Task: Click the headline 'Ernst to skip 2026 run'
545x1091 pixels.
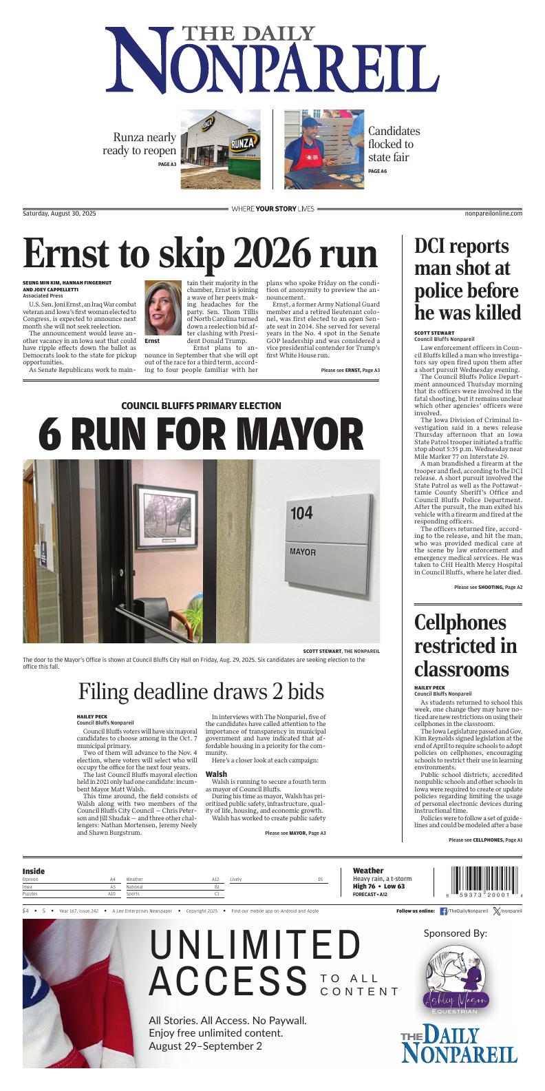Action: pos(200,255)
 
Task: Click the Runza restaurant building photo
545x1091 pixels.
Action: pos(220,149)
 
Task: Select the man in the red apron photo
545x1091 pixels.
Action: pos(324,149)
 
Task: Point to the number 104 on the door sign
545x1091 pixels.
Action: pos(301,513)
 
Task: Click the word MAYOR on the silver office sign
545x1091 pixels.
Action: pos(303,552)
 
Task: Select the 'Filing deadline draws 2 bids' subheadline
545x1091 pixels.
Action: pos(201,691)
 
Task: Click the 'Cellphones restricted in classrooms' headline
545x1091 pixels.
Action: pos(465,646)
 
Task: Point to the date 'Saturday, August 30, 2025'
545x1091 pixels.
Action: pos(59,214)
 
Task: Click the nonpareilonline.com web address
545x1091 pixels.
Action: pos(493,214)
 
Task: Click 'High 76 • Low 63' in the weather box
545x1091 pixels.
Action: pos(378,886)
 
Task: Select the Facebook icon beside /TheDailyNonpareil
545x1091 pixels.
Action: pos(443,911)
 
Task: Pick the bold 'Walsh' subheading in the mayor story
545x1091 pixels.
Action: pos(215,774)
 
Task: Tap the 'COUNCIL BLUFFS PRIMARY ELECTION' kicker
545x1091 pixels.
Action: pos(201,406)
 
